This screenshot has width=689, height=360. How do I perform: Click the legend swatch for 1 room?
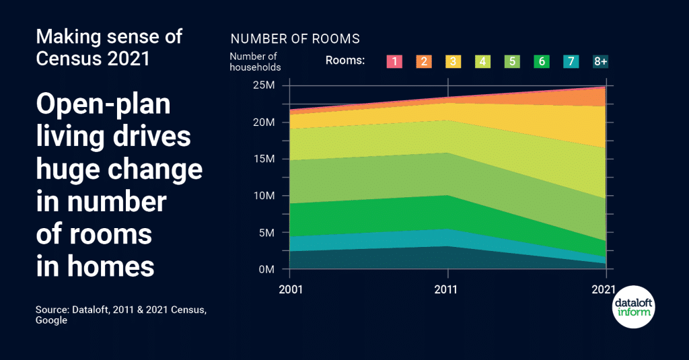pyautogui.click(x=394, y=61)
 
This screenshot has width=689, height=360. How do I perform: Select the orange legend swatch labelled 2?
pyautogui.click(x=424, y=61)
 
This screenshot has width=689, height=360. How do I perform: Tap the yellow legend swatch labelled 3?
pyautogui.click(x=454, y=61)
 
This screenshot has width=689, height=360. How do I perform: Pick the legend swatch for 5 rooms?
pyautogui.click(x=512, y=61)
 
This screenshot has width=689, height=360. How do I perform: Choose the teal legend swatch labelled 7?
pyautogui.click(x=571, y=61)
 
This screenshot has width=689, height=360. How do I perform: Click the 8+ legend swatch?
pyautogui.click(x=600, y=61)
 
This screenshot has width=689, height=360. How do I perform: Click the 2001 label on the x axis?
pyautogui.click(x=290, y=289)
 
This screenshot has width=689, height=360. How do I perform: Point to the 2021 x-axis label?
pyautogui.click(x=605, y=289)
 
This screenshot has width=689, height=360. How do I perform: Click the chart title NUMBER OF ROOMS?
pyautogui.click(x=295, y=39)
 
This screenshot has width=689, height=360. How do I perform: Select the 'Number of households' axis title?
pyautogui.click(x=255, y=61)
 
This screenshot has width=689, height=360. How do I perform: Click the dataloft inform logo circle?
pyautogui.click(x=634, y=309)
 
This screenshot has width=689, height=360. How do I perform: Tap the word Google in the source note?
pyautogui.click(x=52, y=320)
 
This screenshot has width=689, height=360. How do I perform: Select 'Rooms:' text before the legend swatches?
pyautogui.click(x=344, y=61)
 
